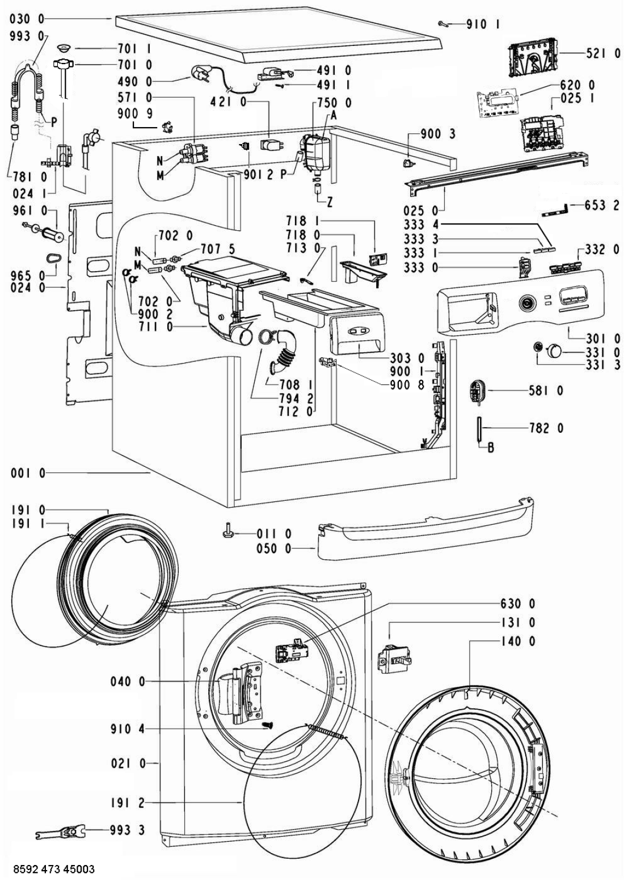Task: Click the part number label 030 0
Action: (27, 19)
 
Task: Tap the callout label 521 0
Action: (603, 54)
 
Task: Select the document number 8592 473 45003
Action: (50, 870)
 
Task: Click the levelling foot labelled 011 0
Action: (227, 532)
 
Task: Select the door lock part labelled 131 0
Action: (393, 659)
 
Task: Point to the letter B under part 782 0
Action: (491, 449)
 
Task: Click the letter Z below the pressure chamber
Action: (330, 202)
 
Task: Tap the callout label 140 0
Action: (518, 642)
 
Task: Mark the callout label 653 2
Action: (603, 205)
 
